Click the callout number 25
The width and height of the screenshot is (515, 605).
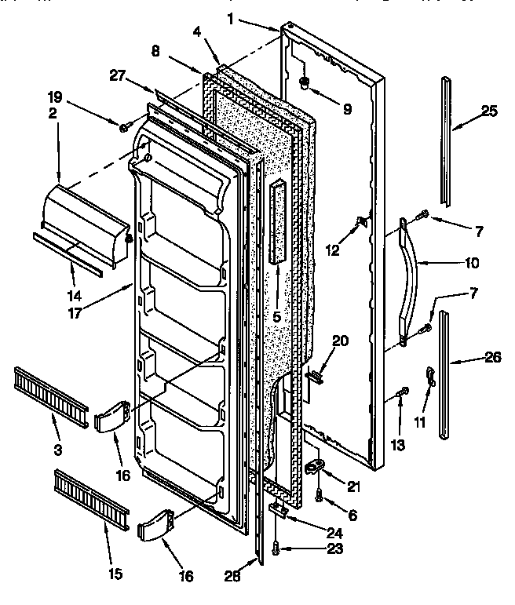(x=490, y=111)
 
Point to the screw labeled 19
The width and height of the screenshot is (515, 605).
(x=125, y=126)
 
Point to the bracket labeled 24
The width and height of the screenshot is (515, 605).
(x=277, y=509)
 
